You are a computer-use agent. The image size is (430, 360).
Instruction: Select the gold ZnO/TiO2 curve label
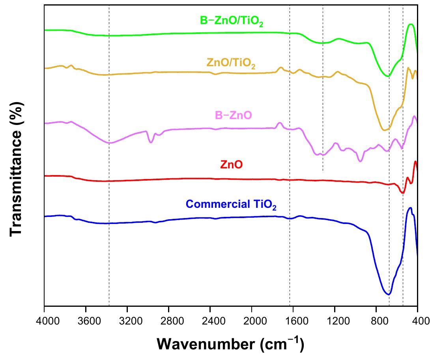tap(231, 63)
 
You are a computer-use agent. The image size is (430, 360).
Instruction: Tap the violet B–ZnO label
tap(233, 116)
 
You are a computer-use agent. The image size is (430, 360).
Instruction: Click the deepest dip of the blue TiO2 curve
tap(389, 294)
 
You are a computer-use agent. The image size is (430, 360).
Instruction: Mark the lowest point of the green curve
tap(388, 76)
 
